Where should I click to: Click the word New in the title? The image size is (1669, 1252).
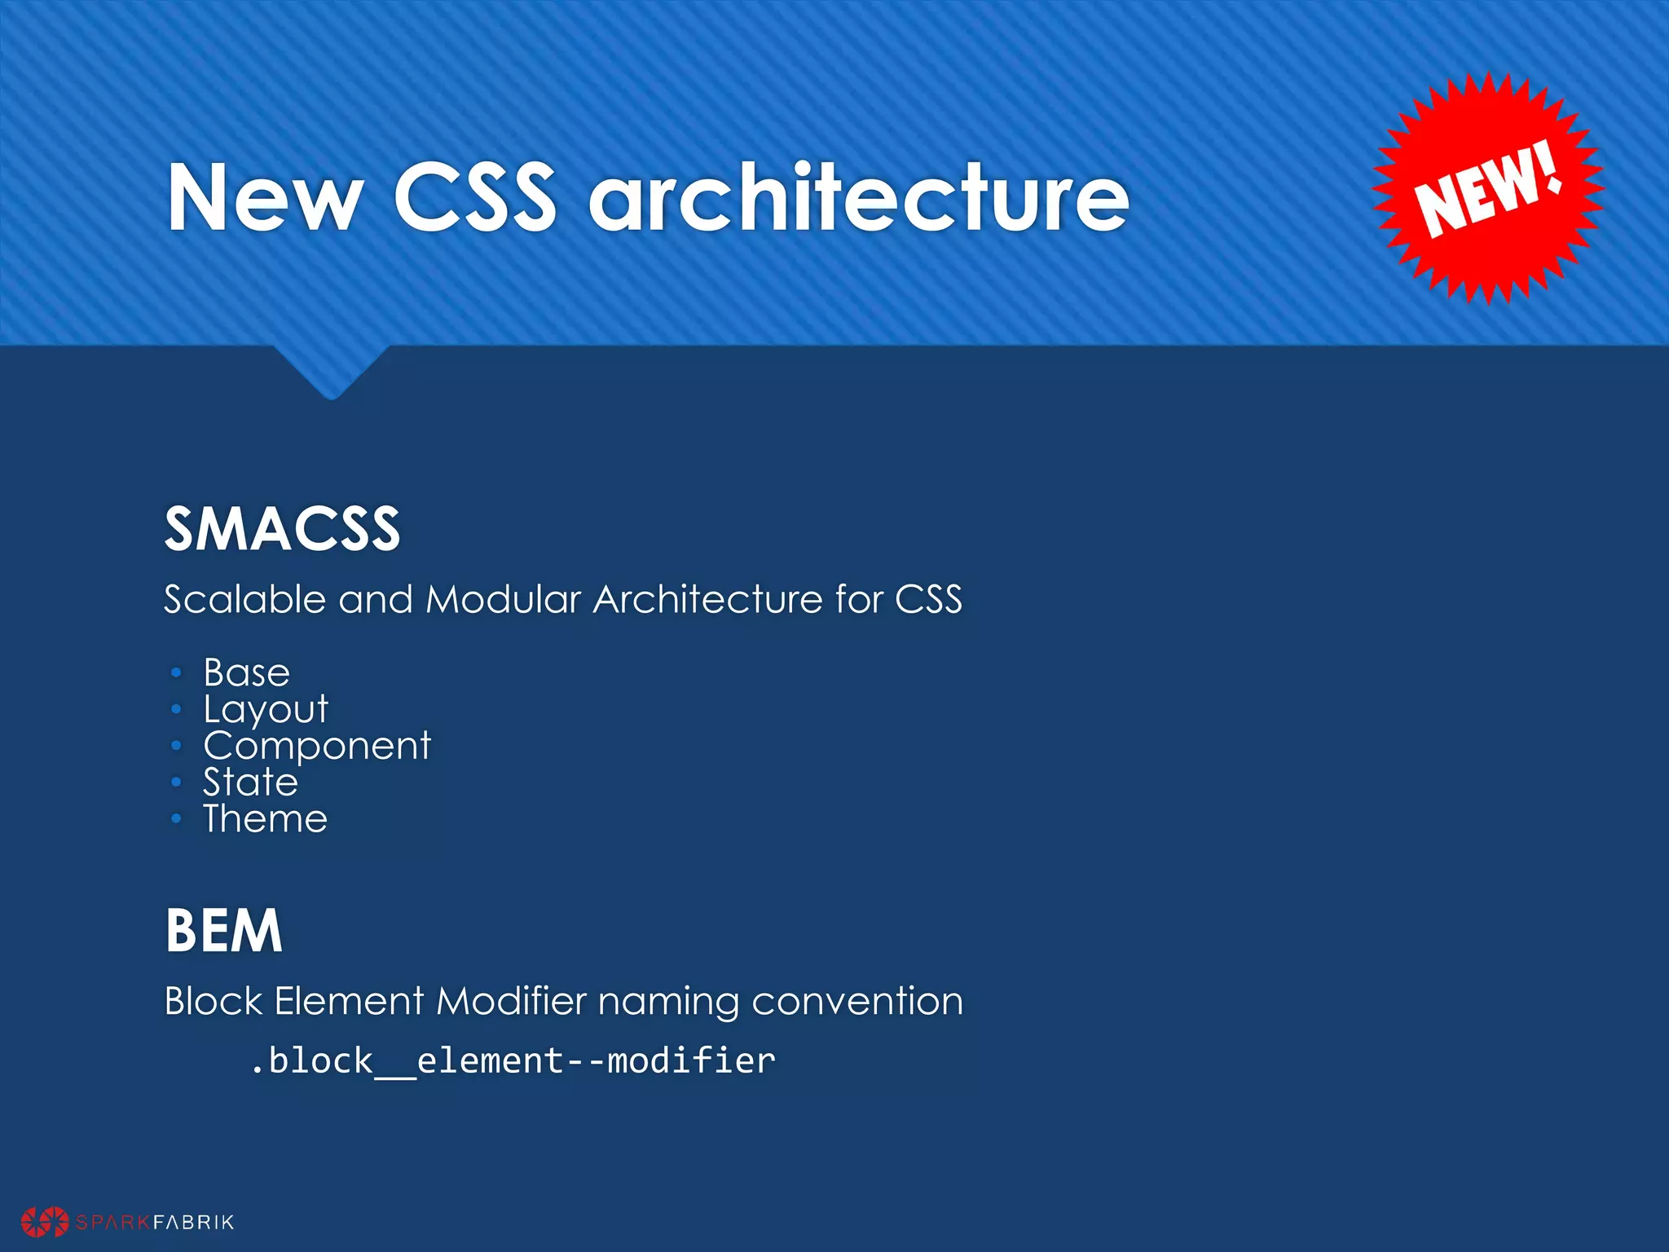(x=265, y=197)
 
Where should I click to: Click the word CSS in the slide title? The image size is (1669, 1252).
(x=475, y=197)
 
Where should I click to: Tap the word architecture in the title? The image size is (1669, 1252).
(x=859, y=197)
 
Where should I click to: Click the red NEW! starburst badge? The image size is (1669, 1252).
(x=1488, y=189)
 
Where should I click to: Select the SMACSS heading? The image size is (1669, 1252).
(x=282, y=529)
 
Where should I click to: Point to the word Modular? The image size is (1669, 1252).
(x=503, y=600)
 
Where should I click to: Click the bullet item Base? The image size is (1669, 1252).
(x=246, y=673)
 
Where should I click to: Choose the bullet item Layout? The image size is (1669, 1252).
(x=265, y=710)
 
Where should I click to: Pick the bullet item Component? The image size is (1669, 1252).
(x=316, y=746)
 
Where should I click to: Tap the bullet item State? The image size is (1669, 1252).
(x=250, y=782)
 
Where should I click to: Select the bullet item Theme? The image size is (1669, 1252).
(x=265, y=819)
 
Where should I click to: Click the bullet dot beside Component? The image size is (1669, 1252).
(x=176, y=746)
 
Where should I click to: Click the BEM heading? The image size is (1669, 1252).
(x=223, y=931)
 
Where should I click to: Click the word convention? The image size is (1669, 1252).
(x=857, y=1001)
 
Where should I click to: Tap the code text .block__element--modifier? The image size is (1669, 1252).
(x=513, y=1061)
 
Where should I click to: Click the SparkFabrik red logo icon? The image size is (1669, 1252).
(x=45, y=1221)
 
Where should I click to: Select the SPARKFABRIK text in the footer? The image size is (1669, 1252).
(x=155, y=1222)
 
